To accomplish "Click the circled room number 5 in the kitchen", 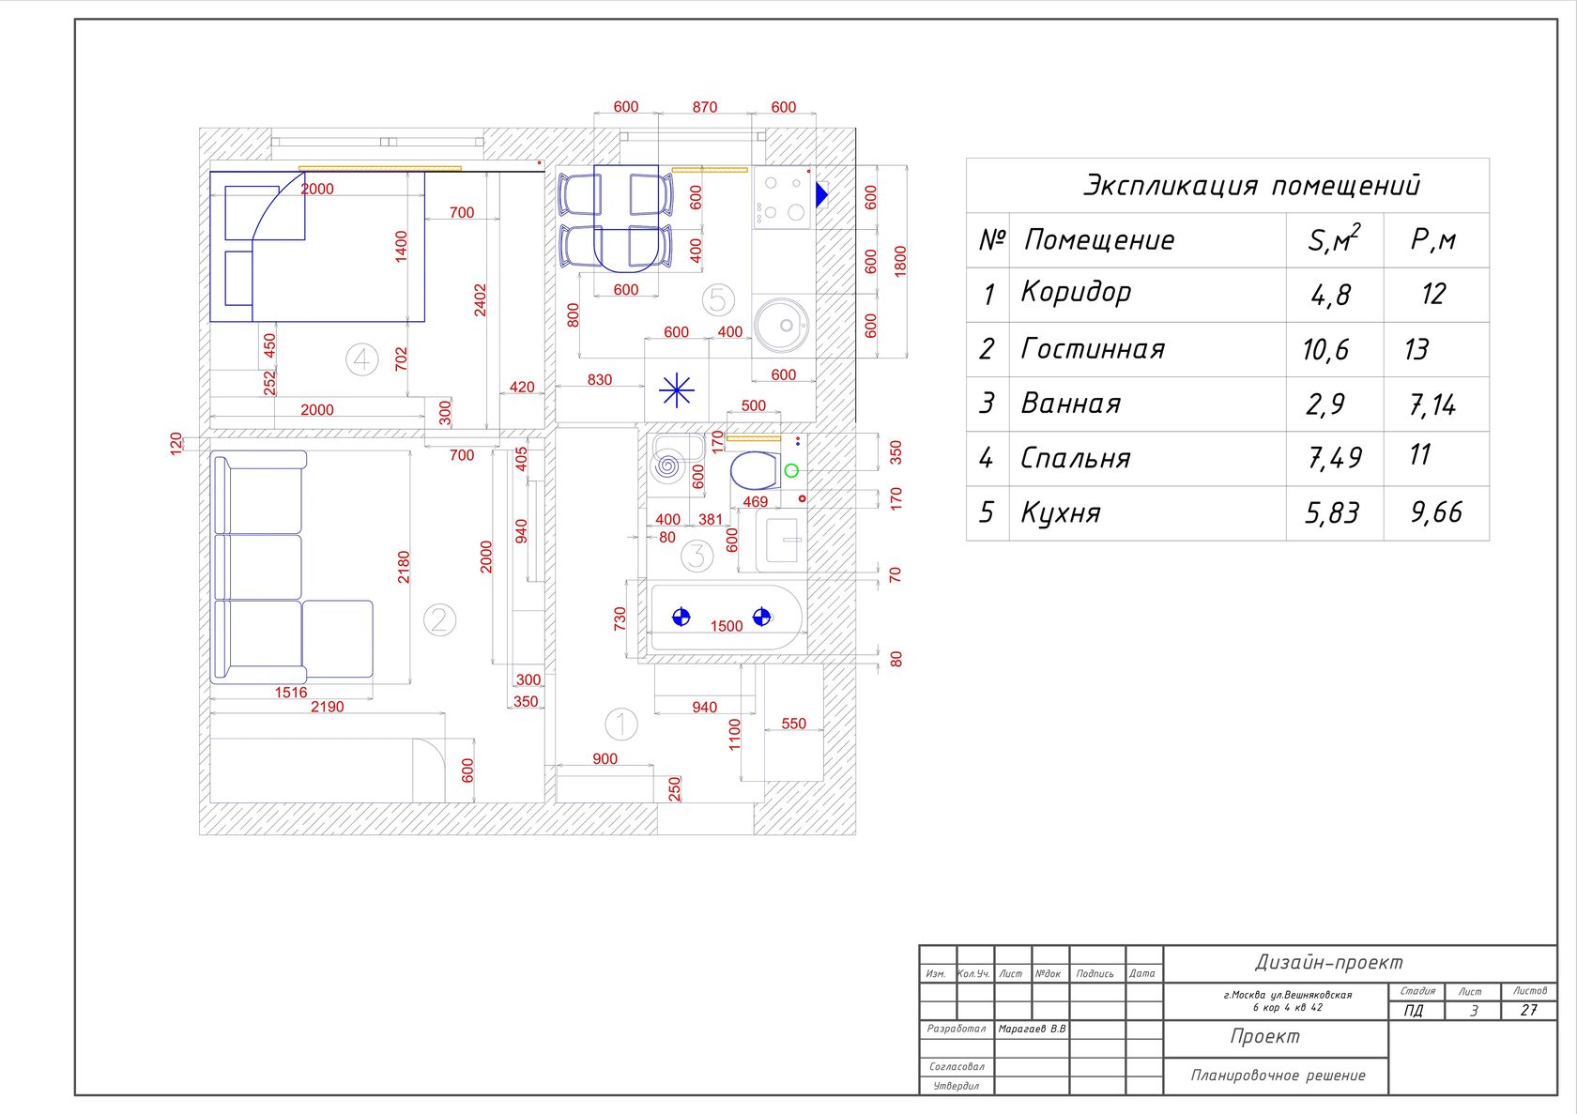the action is point(718,300).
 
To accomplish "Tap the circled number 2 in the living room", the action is point(439,620).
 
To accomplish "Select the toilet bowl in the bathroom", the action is point(755,470).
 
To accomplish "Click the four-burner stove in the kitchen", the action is point(781,197).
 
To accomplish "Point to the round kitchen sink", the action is point(781,325).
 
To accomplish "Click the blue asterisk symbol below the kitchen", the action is point(677,389).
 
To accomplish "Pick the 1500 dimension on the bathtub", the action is point(727,626).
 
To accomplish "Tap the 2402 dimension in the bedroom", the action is point(481,299).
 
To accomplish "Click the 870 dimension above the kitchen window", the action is point(705,107).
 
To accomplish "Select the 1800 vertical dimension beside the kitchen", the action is point(900,261).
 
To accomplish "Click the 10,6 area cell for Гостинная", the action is point(1325,350).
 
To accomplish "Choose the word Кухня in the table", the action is point(1061,512).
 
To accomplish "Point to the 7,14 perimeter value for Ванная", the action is point(1432,404).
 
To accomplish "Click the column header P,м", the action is point(1433,240).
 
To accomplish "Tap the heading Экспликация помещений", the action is point(1252,185).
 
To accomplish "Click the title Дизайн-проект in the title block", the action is point(1329,962).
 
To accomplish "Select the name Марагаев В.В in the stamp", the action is point(1033,1029).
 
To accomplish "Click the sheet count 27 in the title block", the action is point(1528,1011).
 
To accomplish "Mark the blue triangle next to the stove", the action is point(821,195).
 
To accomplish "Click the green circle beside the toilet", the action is point(791,471).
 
